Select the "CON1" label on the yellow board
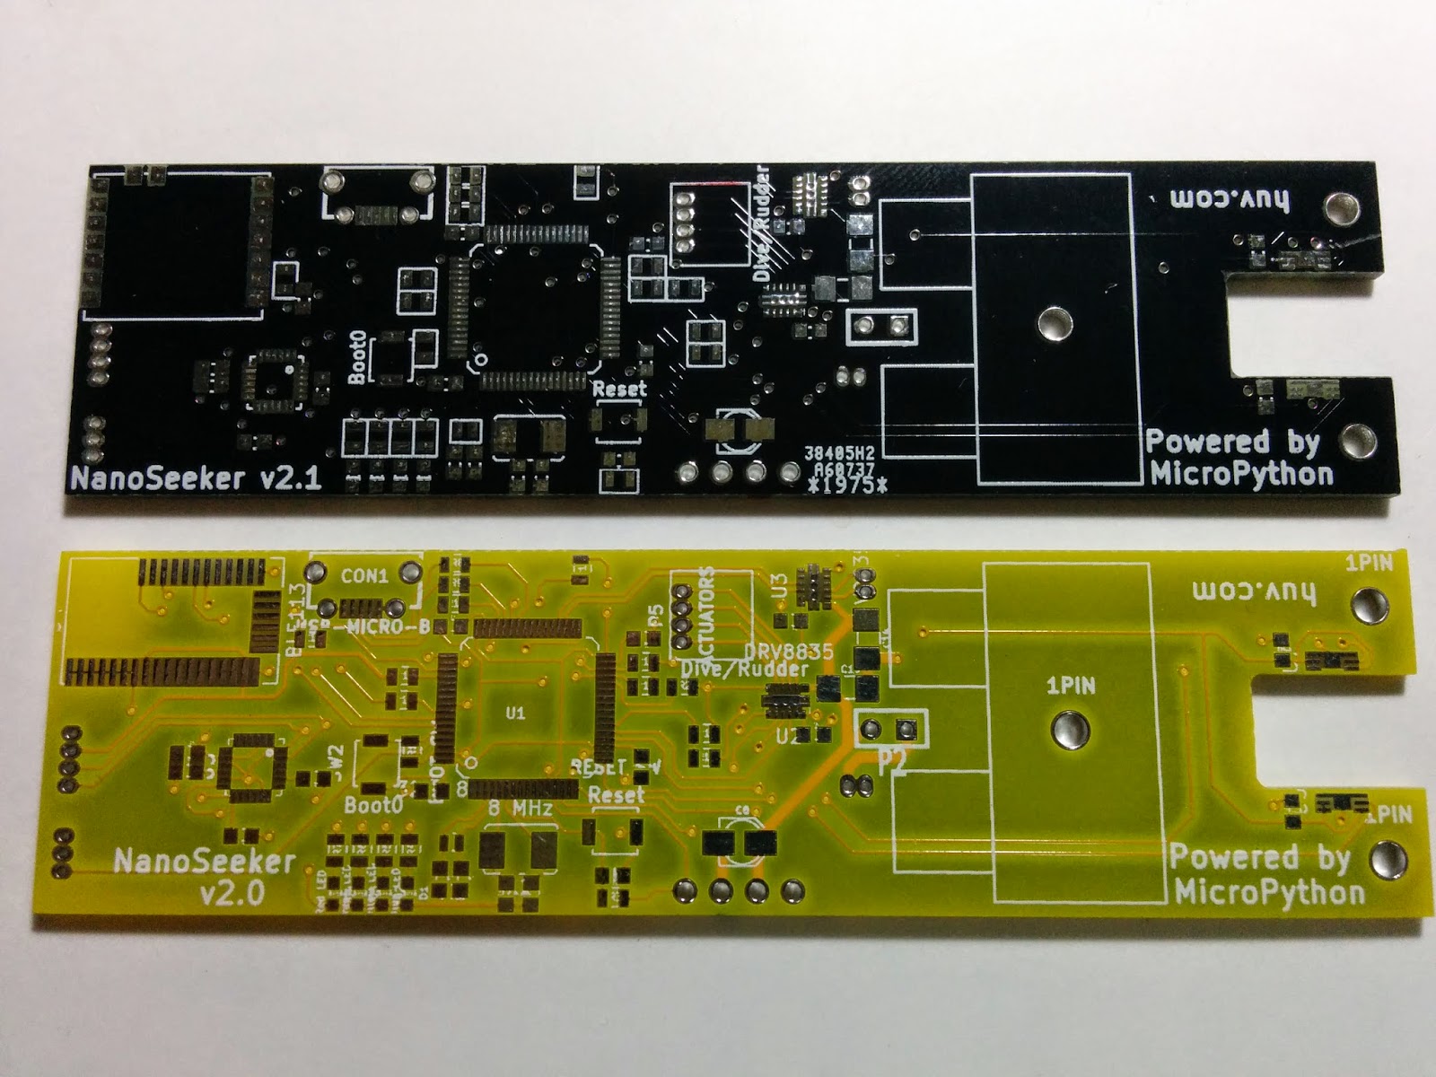coord(364,576)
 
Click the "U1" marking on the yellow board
coord(514,714)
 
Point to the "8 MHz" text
coord(520,808)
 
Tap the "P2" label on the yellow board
coord(892,764)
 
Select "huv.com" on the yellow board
coord(1253,591)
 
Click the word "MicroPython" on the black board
coord(1241,473)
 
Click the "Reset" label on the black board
coord(619,390)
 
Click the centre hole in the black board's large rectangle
coord(1052,322)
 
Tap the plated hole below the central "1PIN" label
coord(1068,729)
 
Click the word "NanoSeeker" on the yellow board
coord(205,862)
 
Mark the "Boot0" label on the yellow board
coord(373,805)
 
